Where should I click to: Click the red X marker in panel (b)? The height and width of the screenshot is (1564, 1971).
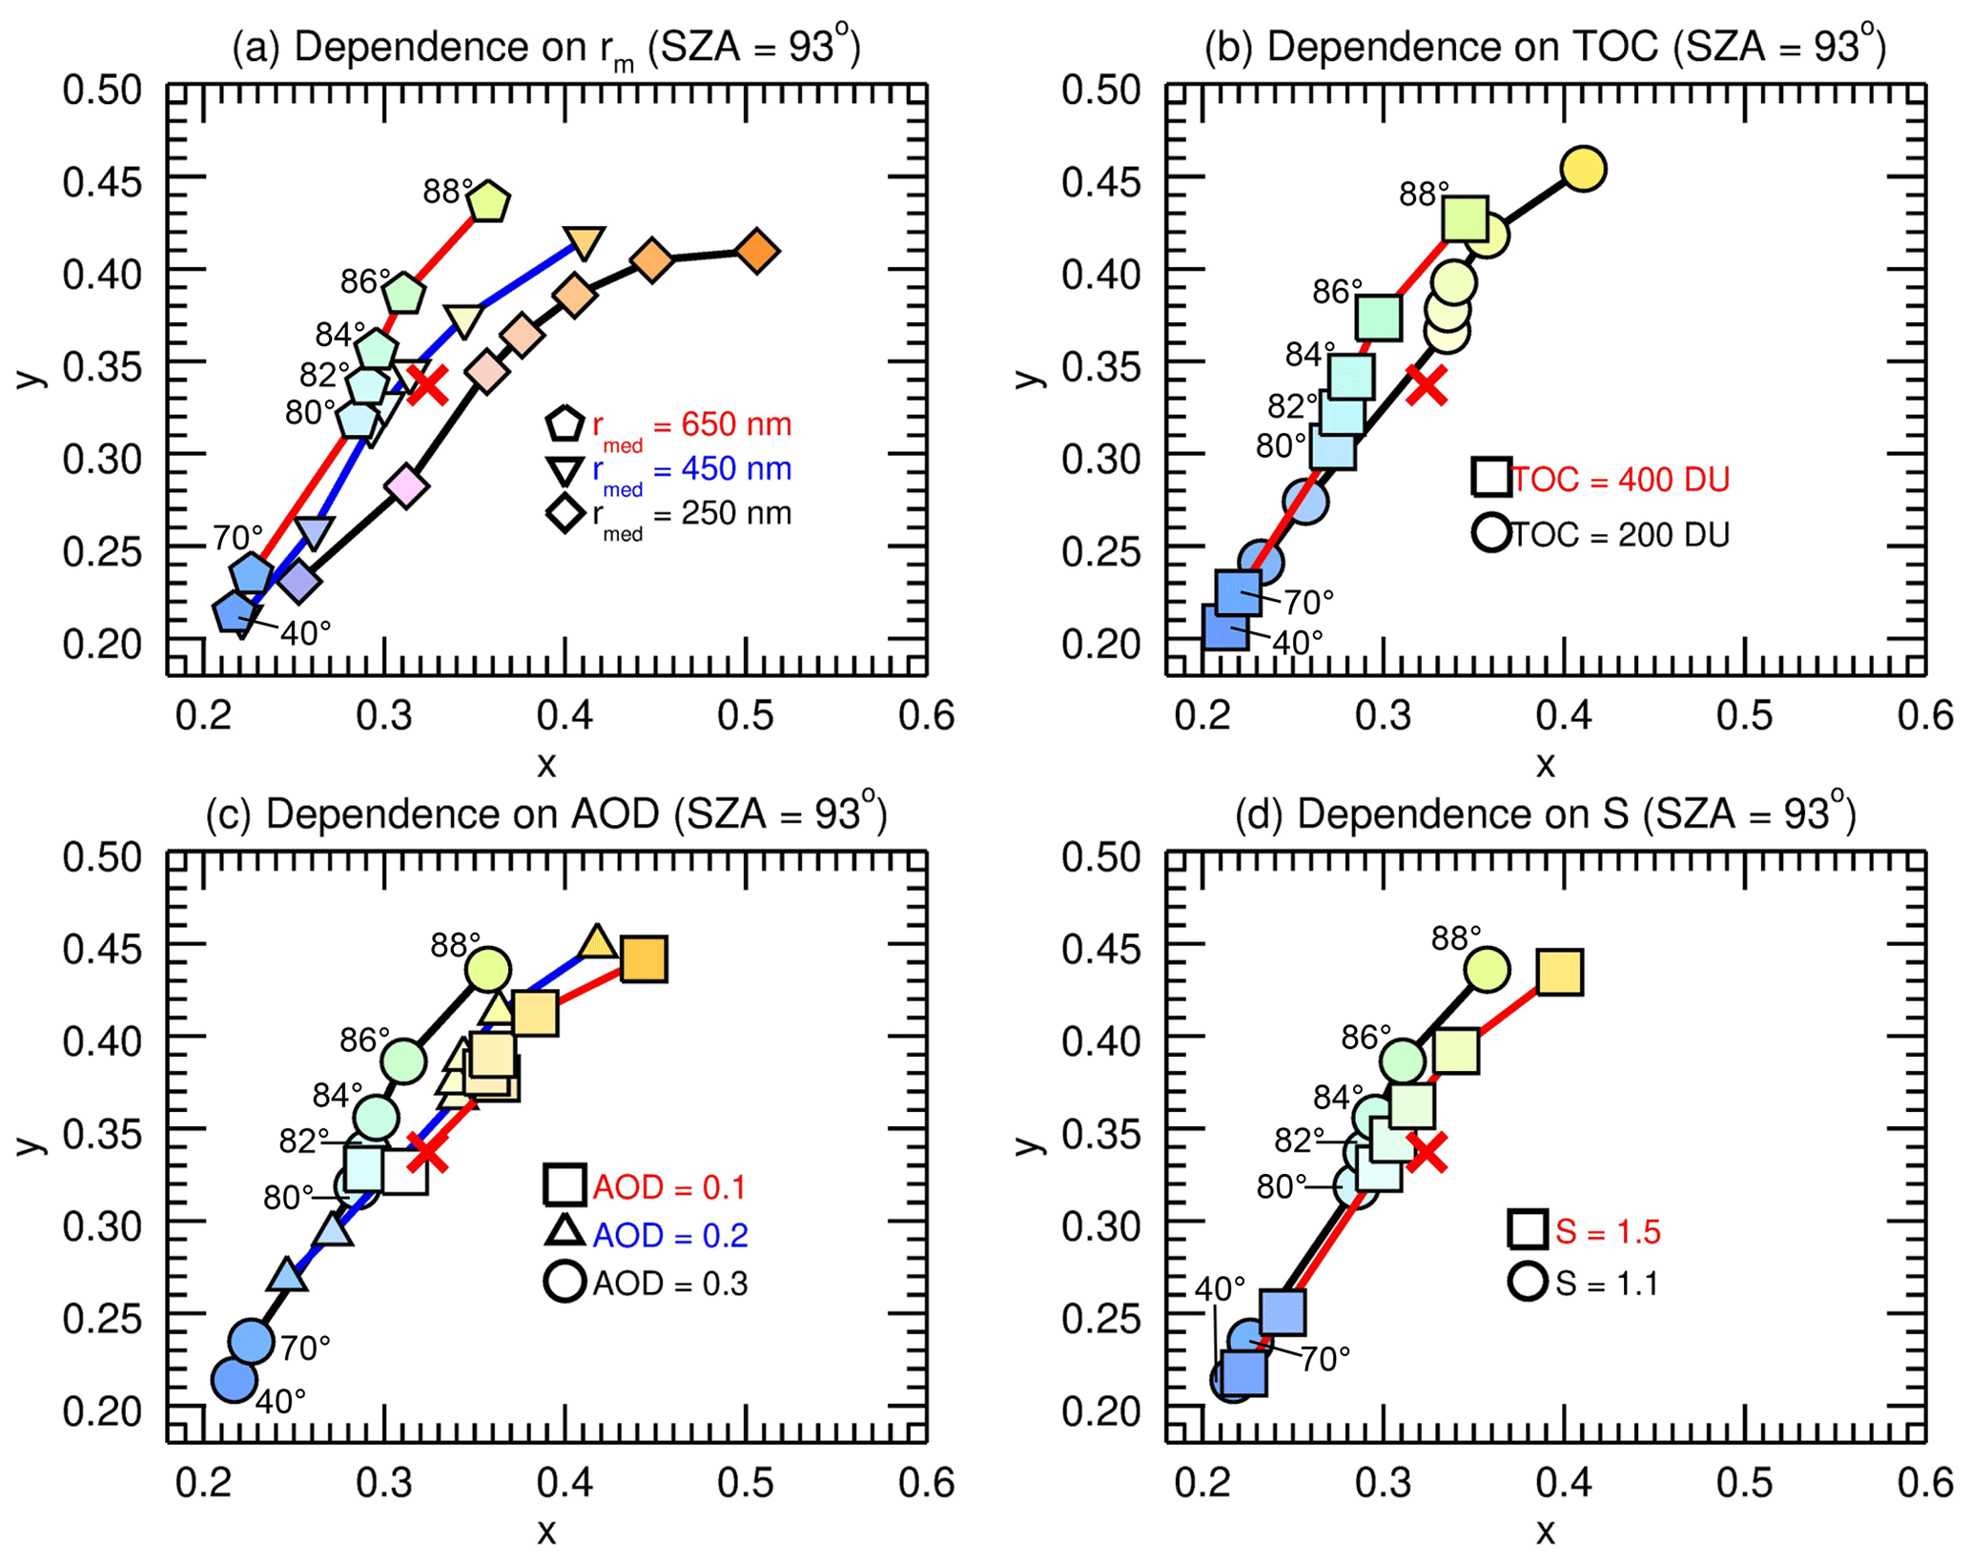coord(1427,385)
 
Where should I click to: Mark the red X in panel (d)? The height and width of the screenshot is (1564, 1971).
coord(1427,1152)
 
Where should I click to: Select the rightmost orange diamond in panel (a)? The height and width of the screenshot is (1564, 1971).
coord(758,252)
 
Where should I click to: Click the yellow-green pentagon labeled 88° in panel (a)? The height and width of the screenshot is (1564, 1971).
coord(489,201)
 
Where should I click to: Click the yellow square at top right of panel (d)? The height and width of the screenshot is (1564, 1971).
coord(1561,972)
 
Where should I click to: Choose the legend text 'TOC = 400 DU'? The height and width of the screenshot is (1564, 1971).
coord(1620,480)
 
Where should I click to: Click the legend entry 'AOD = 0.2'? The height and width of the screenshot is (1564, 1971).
coord(669,1235)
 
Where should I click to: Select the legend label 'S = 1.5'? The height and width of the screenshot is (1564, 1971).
coord(1608,1231)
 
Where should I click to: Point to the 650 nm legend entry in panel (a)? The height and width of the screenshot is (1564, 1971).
coord(691,426)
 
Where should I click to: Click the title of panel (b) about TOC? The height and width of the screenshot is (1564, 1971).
coord(1545,46)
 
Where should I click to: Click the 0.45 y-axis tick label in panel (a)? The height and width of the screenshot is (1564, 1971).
coord(102,182)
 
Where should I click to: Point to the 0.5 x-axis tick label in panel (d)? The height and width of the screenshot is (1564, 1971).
coord(1744,1483)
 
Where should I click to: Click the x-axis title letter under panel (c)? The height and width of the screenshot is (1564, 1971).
coord(546,1532)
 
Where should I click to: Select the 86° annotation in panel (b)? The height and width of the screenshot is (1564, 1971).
coord(1337,291)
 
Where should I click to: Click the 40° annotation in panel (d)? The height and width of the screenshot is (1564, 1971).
coord(1220,1288)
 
